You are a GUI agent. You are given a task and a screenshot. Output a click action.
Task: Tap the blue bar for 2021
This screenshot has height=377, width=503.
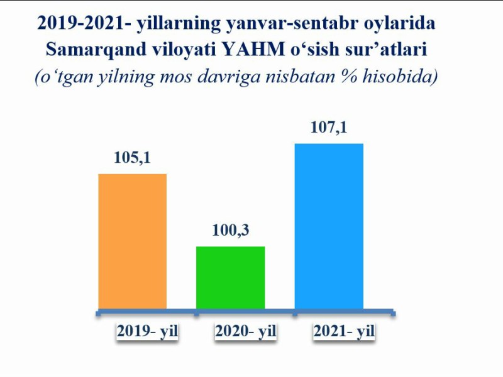329,226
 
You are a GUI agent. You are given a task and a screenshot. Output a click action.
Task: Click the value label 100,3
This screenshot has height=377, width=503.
231,231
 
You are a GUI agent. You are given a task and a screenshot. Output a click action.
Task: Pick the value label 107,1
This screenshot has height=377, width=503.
329,128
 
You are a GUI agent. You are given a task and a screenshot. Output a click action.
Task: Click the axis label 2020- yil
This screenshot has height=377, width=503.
246,332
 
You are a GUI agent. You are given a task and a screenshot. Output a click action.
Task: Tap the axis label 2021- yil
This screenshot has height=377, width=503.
344,332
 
